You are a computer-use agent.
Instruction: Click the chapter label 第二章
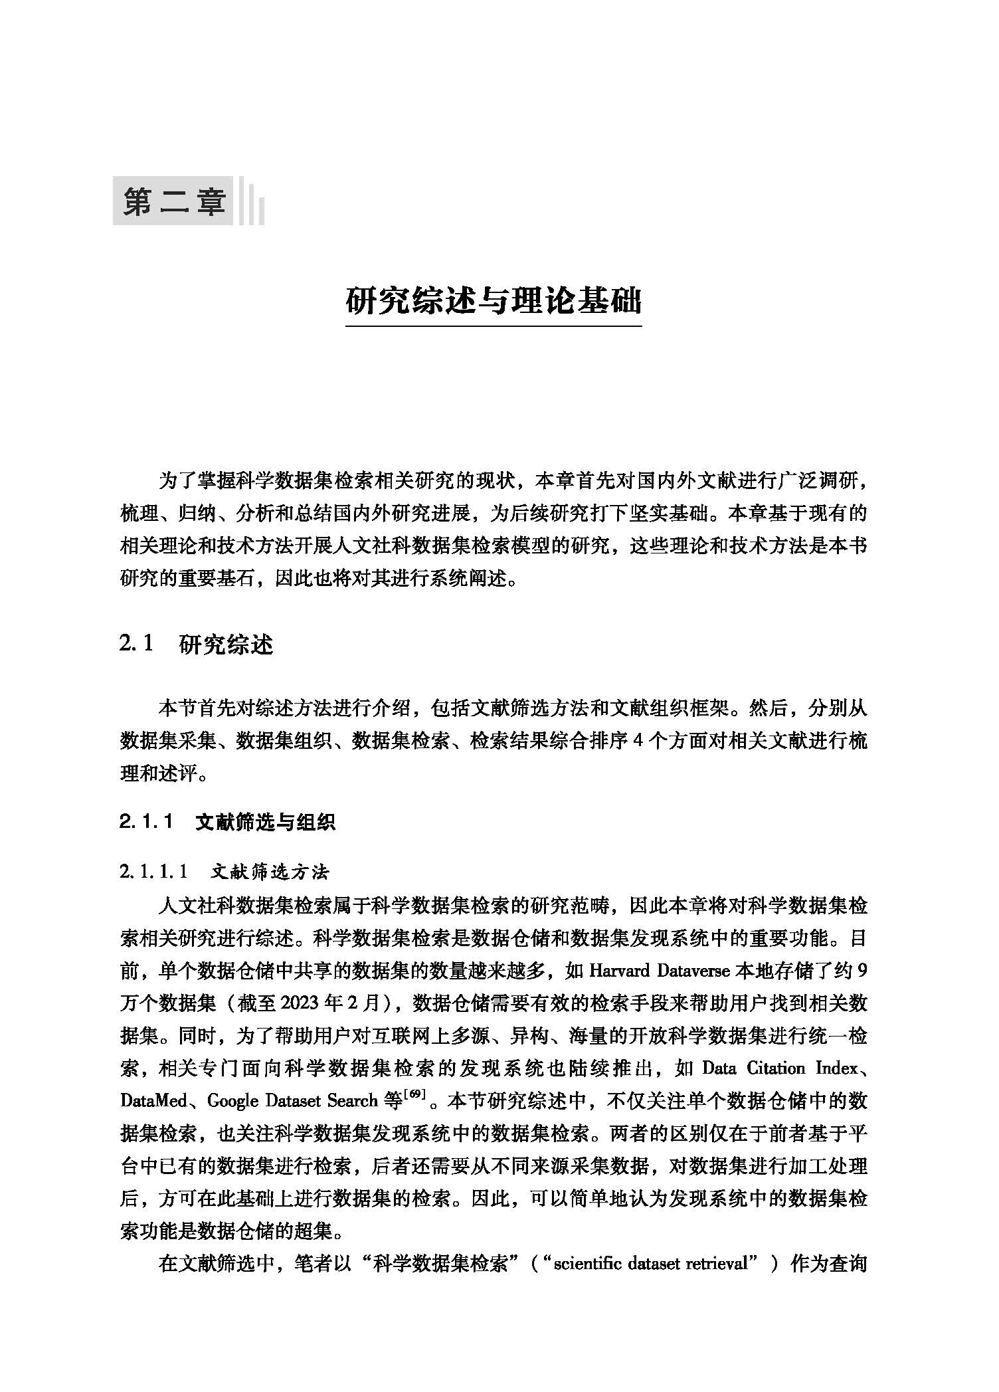[173, 201]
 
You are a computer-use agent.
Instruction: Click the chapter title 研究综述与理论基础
[494, 301]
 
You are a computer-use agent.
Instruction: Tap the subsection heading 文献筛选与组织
[265, 822]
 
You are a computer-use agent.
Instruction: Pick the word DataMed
[153, 1101]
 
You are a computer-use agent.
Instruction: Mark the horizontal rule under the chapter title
[494, 326]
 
